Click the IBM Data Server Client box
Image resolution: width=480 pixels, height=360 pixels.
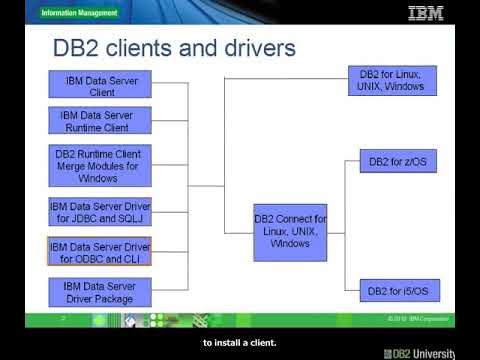pyautogui.click(x=100, y=85)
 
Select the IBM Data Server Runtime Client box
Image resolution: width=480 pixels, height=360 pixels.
pyautogui.click(x=100, y=121)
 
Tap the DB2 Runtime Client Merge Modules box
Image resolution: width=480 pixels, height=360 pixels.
pyautogui.click(x=100, y=166)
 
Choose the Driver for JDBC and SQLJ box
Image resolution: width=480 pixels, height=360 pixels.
pyautogui.click(x=100, y=213)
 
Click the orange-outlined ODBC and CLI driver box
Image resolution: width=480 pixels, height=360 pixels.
pyautogui.click(x=100, y=252)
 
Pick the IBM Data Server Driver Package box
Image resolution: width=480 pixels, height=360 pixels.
pyautogui.click(x=100, y=292)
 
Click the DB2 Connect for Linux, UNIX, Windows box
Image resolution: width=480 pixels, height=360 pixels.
pyautogui.click(x=290, y=231)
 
